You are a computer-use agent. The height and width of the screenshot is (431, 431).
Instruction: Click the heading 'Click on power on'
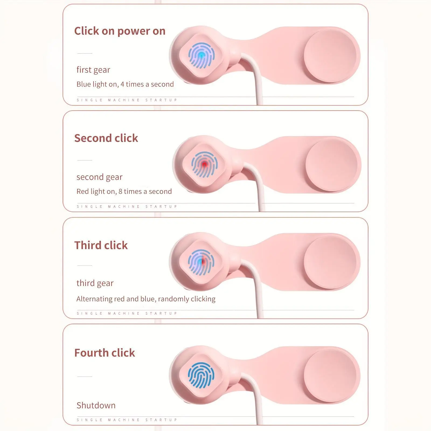click(x=120, y=31)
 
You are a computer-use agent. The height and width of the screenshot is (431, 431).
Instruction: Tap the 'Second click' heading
click(x=106, y=138)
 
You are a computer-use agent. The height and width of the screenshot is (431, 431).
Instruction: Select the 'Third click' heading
click(x=101, y=245)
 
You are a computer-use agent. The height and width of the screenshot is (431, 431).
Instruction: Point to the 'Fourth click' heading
click(x=105, y=353)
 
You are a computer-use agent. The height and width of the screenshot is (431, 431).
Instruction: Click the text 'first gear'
click(x=93, y=70)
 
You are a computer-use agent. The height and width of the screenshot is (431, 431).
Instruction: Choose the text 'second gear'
click(x=99, y=177)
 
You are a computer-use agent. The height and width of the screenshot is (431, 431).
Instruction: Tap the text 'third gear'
click(x=95, y=283)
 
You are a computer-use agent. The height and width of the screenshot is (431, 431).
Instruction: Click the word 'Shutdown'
click(x=96, y=405)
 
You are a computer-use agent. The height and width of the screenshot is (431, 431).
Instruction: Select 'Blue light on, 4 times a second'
click(x=125, y=84)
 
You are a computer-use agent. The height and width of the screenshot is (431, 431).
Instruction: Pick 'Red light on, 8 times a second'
click(x=124, y=192)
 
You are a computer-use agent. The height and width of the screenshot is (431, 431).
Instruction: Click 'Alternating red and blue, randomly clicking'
click(x=146, y=299)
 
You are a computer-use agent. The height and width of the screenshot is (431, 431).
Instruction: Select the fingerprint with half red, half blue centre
click(x=201, y=261)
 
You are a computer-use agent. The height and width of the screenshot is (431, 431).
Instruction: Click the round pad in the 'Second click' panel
click(x=331, y=165)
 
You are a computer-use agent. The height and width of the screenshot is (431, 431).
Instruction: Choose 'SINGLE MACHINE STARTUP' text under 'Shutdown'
click(x=127, y=420)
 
